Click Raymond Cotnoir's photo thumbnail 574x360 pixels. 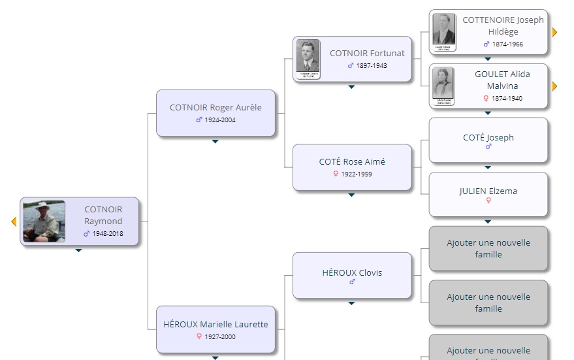[44, 221]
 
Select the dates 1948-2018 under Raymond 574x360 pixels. [107, 233]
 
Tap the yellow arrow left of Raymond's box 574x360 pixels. [14, 222]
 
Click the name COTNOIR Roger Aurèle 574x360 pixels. [215, 108]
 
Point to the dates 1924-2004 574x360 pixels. [220, 120]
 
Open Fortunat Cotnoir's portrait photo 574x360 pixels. [308, 59]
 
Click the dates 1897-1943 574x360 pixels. [372, 66]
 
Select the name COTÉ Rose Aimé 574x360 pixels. [352, 161]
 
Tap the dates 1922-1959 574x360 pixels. [357, 174]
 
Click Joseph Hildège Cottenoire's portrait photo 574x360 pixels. [444, 31]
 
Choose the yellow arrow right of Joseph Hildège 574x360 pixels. [554, 32]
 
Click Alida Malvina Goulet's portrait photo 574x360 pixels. [444, 85]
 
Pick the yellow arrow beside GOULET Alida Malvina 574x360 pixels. [554, 86]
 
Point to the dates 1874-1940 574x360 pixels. [507, 99]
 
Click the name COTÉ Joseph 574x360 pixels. [488, 137]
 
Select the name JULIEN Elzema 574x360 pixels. [488, 191]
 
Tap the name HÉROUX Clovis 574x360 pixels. [352, 272]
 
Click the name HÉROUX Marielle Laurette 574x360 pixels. [215, 324]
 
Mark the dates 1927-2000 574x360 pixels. [220, 337]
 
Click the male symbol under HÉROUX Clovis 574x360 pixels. [352, 282]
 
